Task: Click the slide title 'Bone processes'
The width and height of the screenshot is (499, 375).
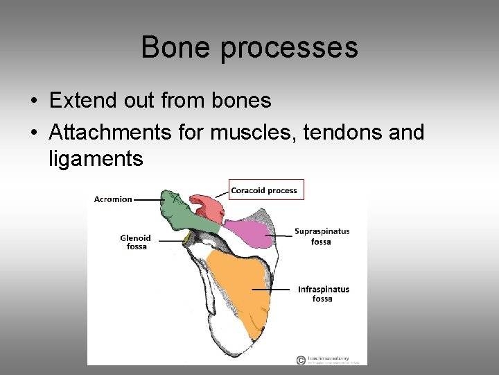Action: [249, 48]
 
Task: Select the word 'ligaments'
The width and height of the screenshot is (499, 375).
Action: [96, 159]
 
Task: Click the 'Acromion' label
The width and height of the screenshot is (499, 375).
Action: [113, 199]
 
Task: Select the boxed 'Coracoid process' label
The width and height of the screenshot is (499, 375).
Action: [264, 190]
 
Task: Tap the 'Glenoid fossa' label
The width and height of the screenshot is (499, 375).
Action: [135, 242]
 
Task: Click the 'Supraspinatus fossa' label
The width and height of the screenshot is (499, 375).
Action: [322, 236]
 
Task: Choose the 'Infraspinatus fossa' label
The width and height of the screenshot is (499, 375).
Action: [323, 294]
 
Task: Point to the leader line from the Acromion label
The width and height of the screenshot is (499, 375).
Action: [148, 199]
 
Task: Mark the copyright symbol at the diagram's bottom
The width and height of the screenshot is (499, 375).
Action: [300, 360]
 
